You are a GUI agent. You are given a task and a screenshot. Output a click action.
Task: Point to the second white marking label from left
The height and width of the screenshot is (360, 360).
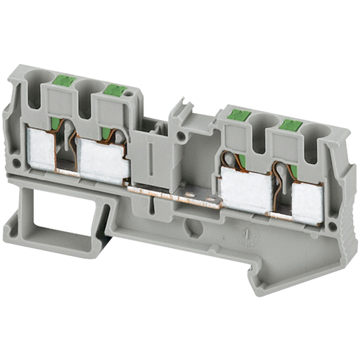[103, 158]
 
